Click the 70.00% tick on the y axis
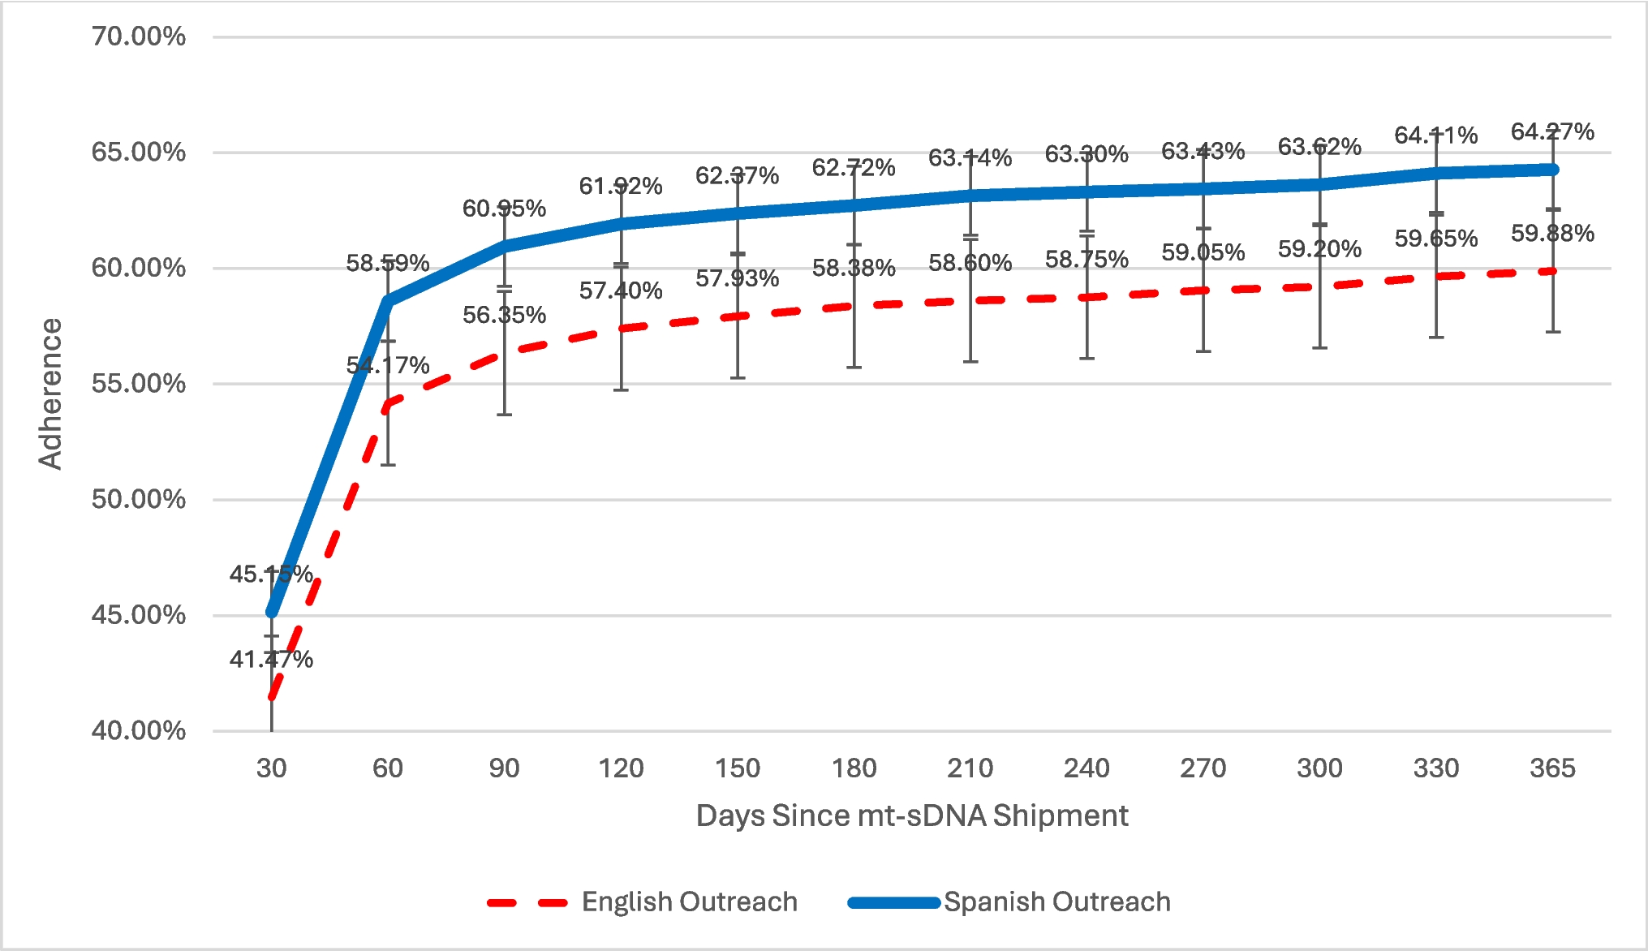pyautogui.click(x=138, y=37)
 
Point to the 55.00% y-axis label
pyautogui.click(x=138, y=384)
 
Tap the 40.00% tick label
pyautogui.click(x=138, y=730)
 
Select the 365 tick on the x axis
pyautogui.click(x=1551, y=768)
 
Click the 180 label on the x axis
pyautogui.click(x=854, y=768)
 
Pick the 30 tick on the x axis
pyautogui.click(x=271, y=768)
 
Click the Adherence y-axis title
pyautogui.click(x=50, y=394)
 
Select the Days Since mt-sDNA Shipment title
pyautogui.click(x=911, y=815)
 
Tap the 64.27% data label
pyautogui.click(x=1551, y=131)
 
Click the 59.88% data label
pyautogui.click(x=1551, y=234)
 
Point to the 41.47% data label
pyautogui.click(x=271, y=659)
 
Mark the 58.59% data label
pyautogui.click(x=388, y=263)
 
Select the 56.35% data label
pyautogui.click(x=504, y=315)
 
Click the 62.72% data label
pyautogui.click(x=854, y=168)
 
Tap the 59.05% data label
pyautogui.click(x=1203, y=252)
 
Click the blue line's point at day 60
pyautogui.click(x=388, y=301)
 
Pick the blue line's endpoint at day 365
pyautogui.click(x=1551, y=170)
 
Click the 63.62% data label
pyautogui.click(x=1319, y=147)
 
